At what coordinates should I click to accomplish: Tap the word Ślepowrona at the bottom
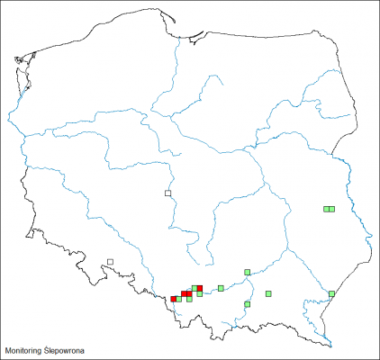tap(68, 348)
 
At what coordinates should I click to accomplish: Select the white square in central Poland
tap(167, 193)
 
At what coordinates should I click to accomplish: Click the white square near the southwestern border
tap(110, 262)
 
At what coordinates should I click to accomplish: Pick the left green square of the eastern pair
tap(327, 209)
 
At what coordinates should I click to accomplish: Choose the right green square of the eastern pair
tap(332, 209)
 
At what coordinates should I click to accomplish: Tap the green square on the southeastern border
tap(332, 293)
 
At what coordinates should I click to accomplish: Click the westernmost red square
tap(174, 299)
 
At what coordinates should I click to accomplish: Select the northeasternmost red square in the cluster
tap(200, 288)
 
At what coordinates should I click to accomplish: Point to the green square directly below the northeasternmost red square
tap(200, 293)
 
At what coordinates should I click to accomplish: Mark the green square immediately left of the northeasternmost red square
tap(195, 288)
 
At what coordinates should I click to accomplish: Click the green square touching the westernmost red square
tap(179, 299)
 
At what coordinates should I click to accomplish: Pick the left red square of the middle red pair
tap(184, 293)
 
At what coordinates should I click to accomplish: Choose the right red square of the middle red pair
tap(189, 293)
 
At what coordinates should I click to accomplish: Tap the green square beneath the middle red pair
tap(189, 299)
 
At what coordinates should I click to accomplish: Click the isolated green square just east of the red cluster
tap(221, 288)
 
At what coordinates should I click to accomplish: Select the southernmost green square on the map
tap(248, 304)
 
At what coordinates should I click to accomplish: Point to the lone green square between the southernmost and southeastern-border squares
tap(268, 293)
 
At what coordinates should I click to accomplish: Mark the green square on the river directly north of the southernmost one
tap(248, 272)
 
